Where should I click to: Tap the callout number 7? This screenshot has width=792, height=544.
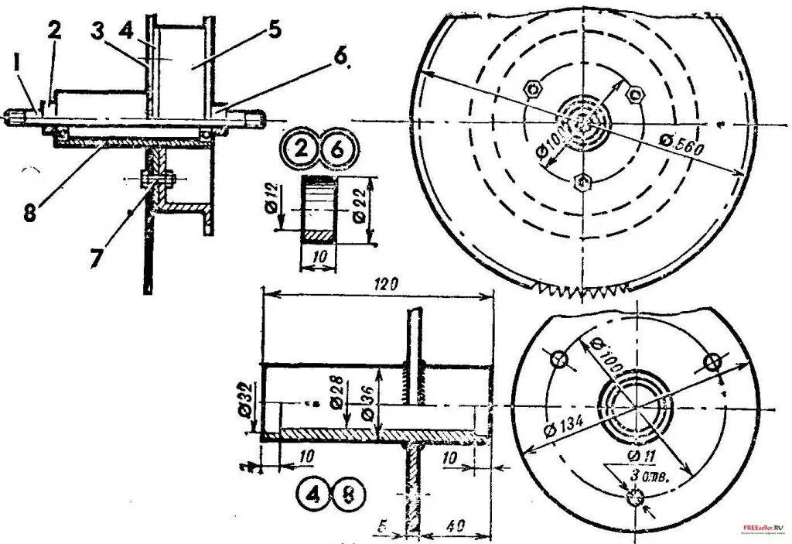[x=94, y=257]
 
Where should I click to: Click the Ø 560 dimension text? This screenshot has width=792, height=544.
[x=681, y=147]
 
